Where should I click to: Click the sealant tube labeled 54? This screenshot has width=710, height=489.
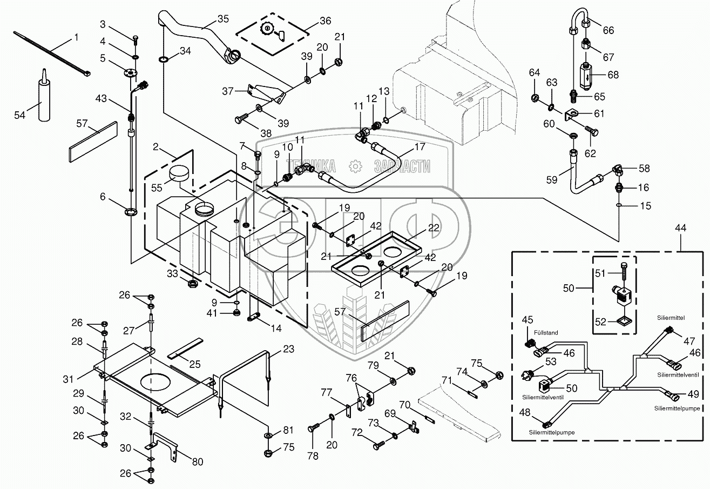[42, 97]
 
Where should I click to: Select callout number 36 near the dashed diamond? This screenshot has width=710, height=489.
[325, 22]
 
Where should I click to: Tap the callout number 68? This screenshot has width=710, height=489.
[612, 75]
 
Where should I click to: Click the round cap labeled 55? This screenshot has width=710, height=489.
[178, 175]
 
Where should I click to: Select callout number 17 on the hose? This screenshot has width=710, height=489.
[419, 146]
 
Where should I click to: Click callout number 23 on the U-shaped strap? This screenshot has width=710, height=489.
[288, 349]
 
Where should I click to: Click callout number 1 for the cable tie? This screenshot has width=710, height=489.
[76, 37]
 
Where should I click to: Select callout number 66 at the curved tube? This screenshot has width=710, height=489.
[608, 31]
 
